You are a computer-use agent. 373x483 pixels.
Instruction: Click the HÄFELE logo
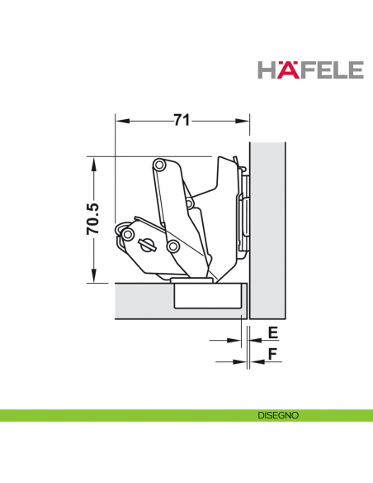[x=310, y=70]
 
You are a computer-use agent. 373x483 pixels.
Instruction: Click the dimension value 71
[x=182, y=120]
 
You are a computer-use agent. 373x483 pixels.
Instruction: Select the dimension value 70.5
[x=93, y=219]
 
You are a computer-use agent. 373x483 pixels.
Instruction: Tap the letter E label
[x=273, y=333]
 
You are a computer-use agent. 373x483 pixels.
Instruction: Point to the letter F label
[x=273, y=354]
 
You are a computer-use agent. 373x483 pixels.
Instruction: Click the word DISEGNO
[x=278, y=415]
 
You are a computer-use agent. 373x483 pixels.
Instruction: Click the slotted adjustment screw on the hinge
[x=147, y=245]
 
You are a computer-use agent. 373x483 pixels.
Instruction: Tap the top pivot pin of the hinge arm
[x=160, y=165]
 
